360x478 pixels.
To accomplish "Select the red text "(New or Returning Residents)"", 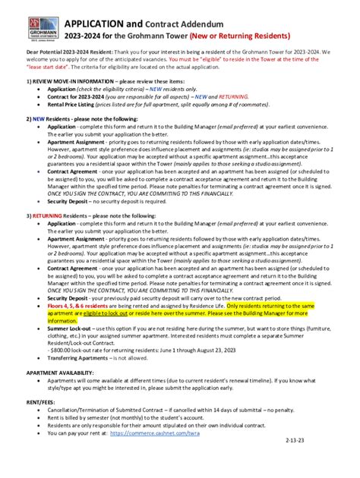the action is (246, 35).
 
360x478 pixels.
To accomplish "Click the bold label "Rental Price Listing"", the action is (74, 105).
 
